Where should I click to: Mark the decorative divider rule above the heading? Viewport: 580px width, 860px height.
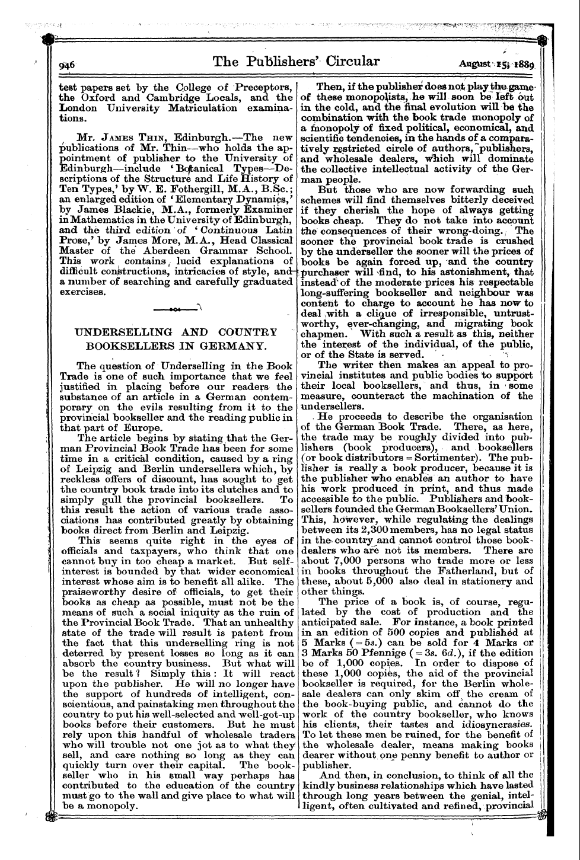click(177, 310)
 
